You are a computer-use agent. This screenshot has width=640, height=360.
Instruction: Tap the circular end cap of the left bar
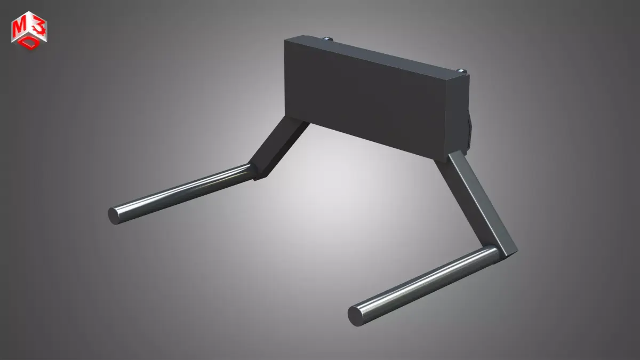(115, 215)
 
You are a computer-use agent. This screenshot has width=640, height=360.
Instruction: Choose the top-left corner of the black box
(285, 41)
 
